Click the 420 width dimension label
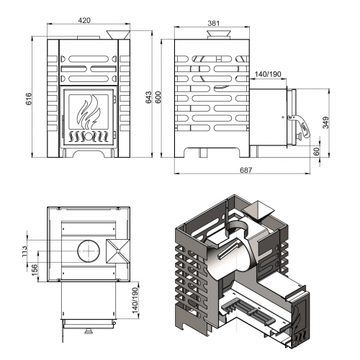pyautogui.click(x=84, y=21)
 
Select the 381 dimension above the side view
pyautogui.click(x=213, y=23)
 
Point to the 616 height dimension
pyautogui.click(x=28, y=99)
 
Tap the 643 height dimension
pyautogui.click(x=148, y=97)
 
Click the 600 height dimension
pyautogui.click(x=158, y=97)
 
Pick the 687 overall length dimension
pyautogui.click(x=246, y=170)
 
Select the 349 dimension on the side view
pyautogui.click(x=325, y=122)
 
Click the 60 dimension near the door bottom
pyautogui.click(x=317, y=151)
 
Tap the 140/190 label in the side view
pyautogui.click(x=268, y=74)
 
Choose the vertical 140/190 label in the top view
pyautogui.click(x=135, y=300)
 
